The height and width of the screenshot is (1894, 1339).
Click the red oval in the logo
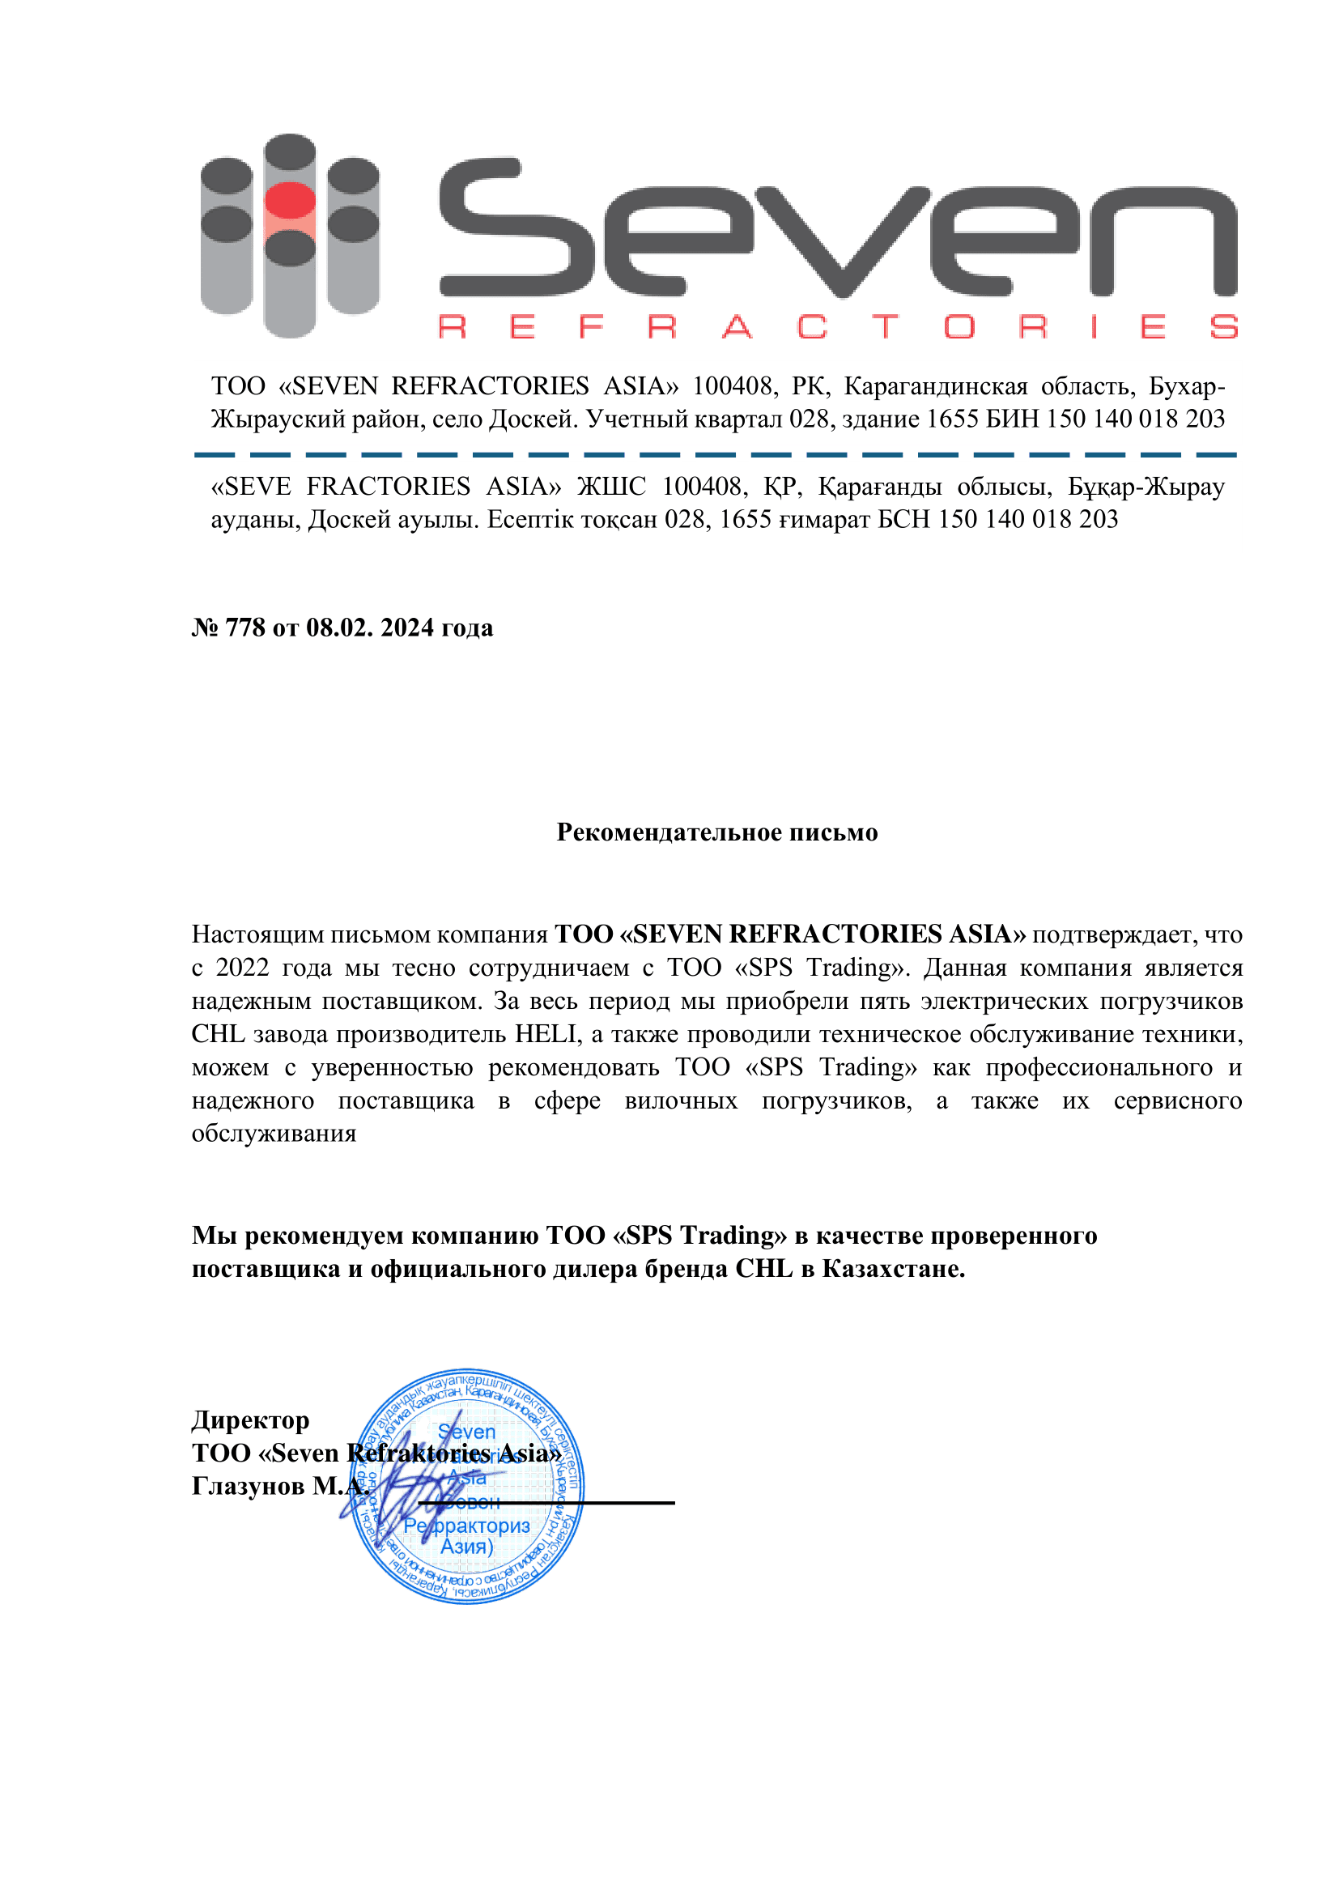point(289,201)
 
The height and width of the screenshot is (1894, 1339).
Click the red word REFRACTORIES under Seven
point(837,327)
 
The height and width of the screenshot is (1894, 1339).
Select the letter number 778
point(244,628)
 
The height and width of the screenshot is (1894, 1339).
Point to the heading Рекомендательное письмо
point(716,832)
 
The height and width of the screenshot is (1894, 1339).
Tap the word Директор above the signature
point(251,1419)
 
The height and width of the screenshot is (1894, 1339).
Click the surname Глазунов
point(249,1486)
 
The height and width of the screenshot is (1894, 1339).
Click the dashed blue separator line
point(715,454)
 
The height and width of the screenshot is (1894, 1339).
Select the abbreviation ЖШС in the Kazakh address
point(611,487)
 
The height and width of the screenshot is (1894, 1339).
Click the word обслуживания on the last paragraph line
point(274,1133)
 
